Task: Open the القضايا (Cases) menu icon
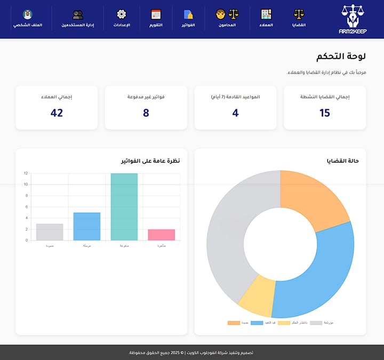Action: pyautogui.click(x=299, y=14)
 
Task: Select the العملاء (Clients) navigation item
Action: pyautogui.click(x=266, y=14)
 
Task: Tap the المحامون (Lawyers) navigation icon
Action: pyautogui.click(x=227, y=14)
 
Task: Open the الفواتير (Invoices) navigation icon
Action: pyautogui.click(x=188, y=14)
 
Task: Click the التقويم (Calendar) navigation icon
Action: pyautogui.click(x=156, y=14)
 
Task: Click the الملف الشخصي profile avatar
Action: pyautogui.click(x=28, y=14)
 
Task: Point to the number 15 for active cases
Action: pyautogui.click(x=325, y=113)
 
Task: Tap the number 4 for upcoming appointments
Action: pyautogui.click(x=236, y=113)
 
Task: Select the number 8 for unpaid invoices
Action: pyautogui.click(x=146, y=113)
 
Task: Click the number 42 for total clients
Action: pyautogui.click(x=57, y=113)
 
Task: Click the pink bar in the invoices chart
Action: pyautogui.click(x=161, y=235)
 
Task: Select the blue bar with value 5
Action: pyautogui.click(x=86, y=227)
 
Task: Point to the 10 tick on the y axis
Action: pyautogui.click(x=26, y=185)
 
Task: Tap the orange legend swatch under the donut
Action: pyautogui.click(x=234, y=323)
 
